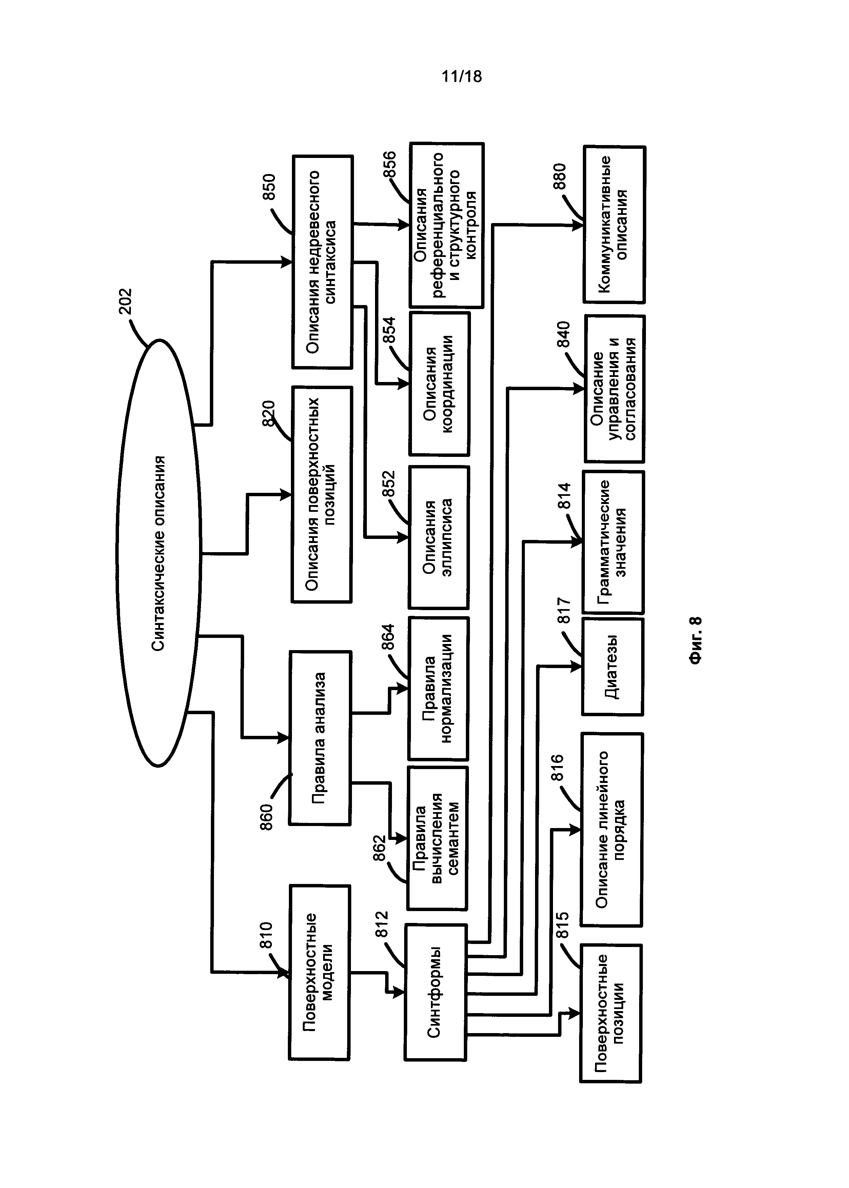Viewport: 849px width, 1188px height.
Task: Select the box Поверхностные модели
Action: pyautogui.click(x=319, y=972)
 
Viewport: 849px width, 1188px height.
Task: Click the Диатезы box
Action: pyautogui.click(x=612, y=666)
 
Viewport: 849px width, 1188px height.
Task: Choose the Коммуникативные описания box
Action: pyautogui.click(x=614, y=224)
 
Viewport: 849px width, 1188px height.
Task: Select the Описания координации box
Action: pyautogui.click(x=439, y=384)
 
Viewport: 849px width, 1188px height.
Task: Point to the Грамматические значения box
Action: pyautogui.click(x=613, y=542)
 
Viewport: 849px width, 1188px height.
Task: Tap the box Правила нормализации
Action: pyautogui.click(x=438, y=688)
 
